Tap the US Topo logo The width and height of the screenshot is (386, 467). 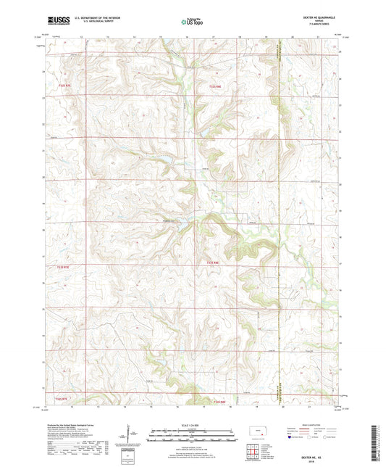[x=193, y=22]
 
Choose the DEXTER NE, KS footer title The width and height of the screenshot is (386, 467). [x=316, y=452]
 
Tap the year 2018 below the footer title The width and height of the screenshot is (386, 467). [x=316, y=458]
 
